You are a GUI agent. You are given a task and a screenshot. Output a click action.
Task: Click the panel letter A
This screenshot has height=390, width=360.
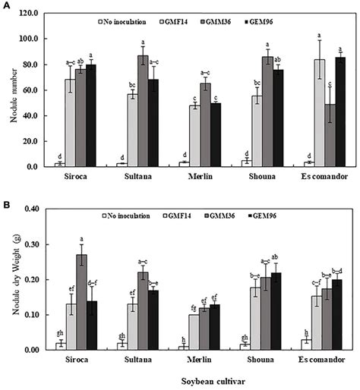(6, 5)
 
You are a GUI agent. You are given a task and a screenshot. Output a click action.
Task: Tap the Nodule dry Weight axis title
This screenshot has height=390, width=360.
(9, 282)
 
